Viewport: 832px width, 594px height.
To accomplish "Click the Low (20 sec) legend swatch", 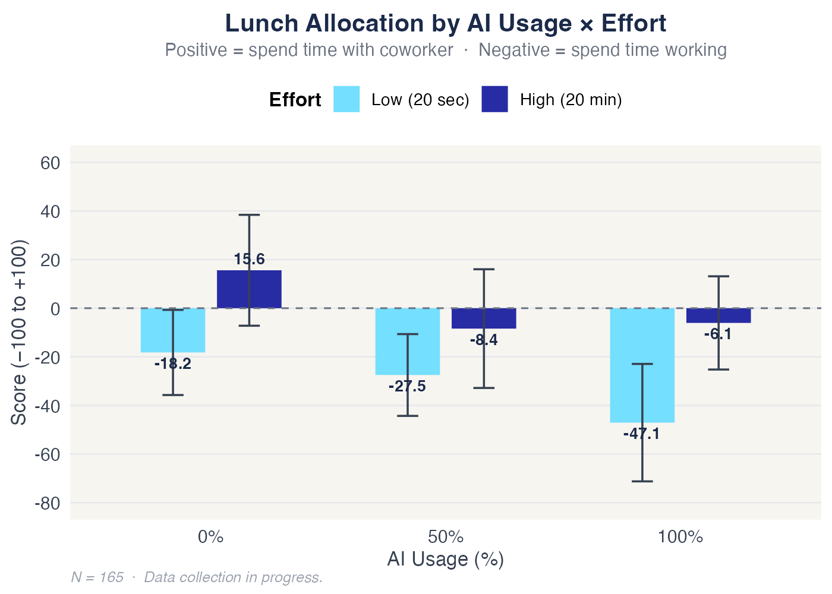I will (x=346, y=99).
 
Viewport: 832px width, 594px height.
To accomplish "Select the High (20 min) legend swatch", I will (x=494, y=99).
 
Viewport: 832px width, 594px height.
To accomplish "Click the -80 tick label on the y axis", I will (x=48, y=503).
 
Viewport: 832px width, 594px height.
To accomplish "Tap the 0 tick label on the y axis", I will (x=55, y=309).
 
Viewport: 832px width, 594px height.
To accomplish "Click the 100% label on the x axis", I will (x=680, y=538).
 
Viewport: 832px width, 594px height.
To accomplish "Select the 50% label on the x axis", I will (x=446, y=538).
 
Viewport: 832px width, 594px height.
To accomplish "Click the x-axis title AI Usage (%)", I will (x=446, y=560).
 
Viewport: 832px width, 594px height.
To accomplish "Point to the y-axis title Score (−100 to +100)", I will (x=19, y=333).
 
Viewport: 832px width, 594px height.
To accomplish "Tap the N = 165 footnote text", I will (x=97, y=577).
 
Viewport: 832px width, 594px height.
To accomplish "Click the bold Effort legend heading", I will (x=295, y=100).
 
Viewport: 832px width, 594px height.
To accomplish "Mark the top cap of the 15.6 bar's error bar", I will (x=249, y=215).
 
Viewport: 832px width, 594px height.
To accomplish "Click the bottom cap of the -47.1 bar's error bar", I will (x=642, y=481).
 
